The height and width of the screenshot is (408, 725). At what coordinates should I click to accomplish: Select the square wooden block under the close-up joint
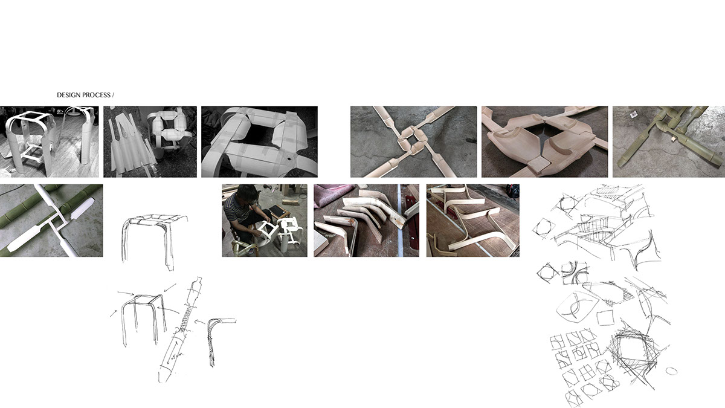click(531, 164)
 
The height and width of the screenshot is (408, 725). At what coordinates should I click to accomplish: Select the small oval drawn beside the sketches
click(671, 371)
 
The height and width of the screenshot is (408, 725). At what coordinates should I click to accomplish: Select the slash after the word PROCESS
click(113, 96)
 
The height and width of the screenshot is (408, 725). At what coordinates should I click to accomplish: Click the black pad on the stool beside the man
click(277, 210)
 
